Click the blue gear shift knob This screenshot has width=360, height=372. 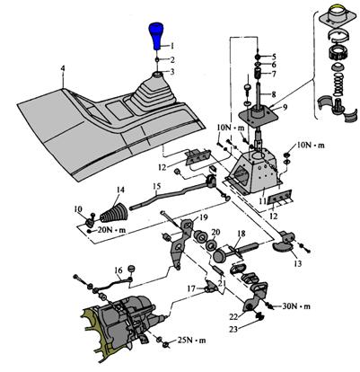tap(156, 36)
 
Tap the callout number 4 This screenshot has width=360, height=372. tap(63, 68)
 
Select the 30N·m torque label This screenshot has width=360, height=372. tap(296, 306)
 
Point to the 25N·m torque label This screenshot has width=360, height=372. tap(192, 341)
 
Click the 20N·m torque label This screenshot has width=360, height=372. tap(111, 230)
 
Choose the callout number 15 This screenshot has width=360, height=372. tap(156, 186)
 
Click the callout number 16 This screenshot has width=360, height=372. tap(119, 270)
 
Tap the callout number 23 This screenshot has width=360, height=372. tap(233, 329)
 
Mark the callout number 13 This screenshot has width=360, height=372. tap(297, 263)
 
